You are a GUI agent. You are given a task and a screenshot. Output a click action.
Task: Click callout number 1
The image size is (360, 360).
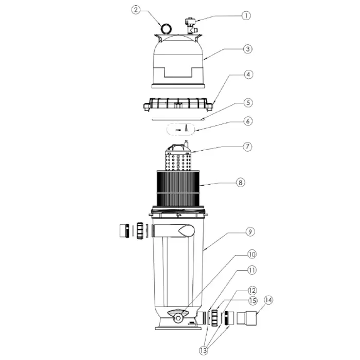(x=246, y=15)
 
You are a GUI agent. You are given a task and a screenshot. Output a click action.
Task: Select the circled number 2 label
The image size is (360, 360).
(x=136, y=10)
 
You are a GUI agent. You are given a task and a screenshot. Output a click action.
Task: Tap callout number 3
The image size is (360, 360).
(x=247, y=49)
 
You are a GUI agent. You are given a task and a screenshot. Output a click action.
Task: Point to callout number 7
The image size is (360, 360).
(x=247, y=147)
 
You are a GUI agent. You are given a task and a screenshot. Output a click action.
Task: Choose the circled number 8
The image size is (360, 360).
(x=240, y=183)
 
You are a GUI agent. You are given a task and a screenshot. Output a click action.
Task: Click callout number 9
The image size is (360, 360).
(x=250, y=231)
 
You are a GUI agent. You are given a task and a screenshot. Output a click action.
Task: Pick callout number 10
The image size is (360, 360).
(x=252, y=255)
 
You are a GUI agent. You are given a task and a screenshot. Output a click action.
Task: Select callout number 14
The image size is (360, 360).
(x=268, y=300)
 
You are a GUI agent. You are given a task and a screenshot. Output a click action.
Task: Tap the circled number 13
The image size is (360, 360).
(x=204, y=350)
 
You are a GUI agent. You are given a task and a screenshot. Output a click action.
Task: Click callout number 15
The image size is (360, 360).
(x=253, y=300)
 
